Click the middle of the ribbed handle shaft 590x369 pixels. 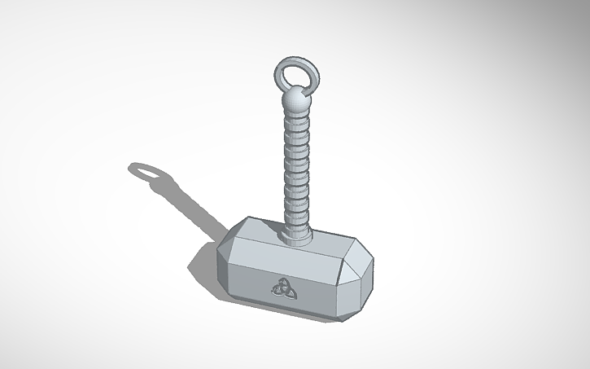(296, 167)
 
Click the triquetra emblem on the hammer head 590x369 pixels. (280, 288)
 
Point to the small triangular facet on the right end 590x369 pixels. (361, 259)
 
